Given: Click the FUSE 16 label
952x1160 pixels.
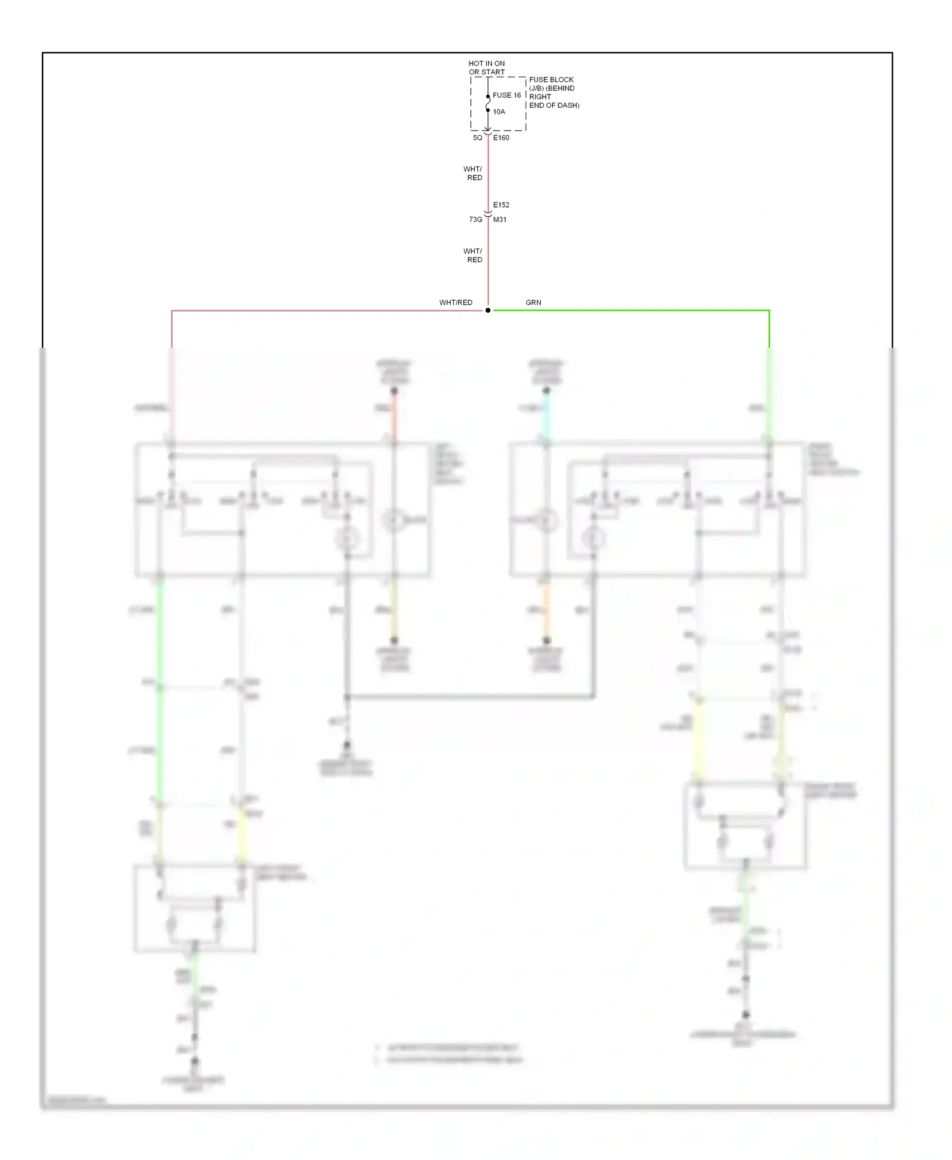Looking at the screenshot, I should pos(506,95).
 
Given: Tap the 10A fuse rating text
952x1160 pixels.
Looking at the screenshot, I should pos(499,112).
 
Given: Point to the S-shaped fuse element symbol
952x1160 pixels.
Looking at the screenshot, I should pos(487,103).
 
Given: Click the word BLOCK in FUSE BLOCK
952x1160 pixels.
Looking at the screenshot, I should pos(561,80).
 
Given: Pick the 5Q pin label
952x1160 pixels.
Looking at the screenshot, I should pos(477,138).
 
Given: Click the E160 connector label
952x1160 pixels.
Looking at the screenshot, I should pos(501,138).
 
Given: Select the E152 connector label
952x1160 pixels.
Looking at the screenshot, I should pos(501,205).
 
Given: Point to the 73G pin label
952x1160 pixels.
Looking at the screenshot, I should pos(475,220).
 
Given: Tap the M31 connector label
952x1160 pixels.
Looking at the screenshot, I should pos(499,220).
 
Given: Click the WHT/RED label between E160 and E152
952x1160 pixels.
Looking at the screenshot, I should pos(473,173).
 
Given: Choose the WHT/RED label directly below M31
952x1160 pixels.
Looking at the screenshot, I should pos(473,255).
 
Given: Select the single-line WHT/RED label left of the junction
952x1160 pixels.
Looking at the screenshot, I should pos(456,303).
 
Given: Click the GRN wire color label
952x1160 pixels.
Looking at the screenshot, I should pos(533,303).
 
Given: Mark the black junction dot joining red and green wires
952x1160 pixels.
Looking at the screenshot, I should pos(487,310).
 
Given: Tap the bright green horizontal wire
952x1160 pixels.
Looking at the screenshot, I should pos(628,310).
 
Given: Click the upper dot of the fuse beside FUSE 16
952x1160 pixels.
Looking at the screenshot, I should pos(487,96).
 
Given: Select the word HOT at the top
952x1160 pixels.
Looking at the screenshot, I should pos(476,63).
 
